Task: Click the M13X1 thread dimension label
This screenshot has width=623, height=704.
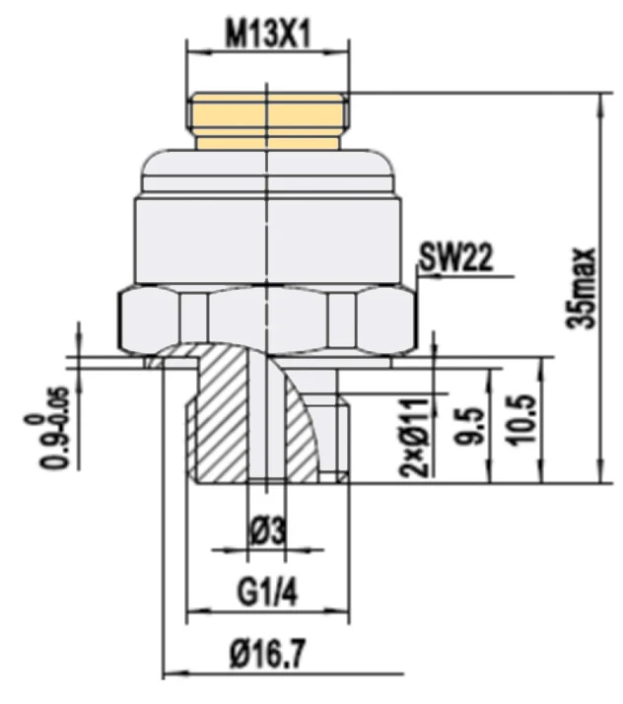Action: tap(268, 35)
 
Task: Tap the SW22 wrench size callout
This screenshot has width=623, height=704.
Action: tap(456, 257)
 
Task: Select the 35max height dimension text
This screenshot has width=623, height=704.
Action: tap(581, 289)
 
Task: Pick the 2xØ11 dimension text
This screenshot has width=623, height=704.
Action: tap(415, 437)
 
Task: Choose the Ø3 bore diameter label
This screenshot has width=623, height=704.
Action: tap(267, 532)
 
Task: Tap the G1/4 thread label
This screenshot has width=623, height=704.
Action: tap(267, 593)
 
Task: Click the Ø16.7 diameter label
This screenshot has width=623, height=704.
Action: tap(267, 654)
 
